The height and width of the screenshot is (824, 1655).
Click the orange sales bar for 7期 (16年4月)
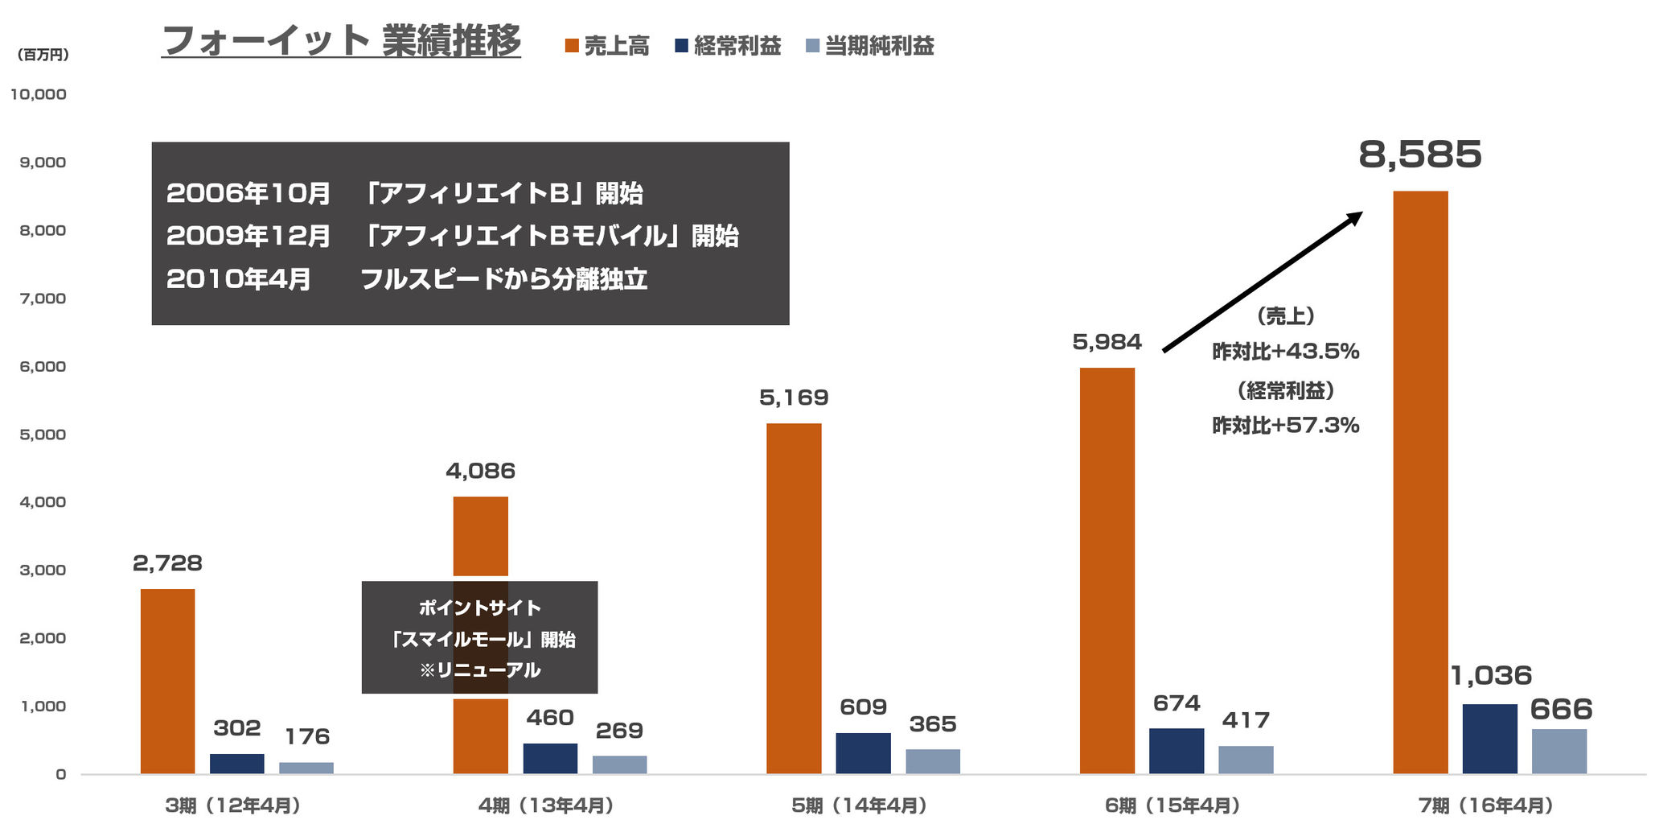coord(1420,483)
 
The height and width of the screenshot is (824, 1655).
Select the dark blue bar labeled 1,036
coord(1489,739)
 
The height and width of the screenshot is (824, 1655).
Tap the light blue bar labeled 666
coord(1558,752)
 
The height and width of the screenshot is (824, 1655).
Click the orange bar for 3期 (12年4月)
coord(167,682)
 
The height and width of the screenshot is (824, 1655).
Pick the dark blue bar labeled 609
coord(863,753)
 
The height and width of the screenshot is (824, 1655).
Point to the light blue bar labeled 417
coord(1246,760)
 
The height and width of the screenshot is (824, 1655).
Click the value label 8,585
coord(1419,154)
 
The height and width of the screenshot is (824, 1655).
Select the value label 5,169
coord(794,398)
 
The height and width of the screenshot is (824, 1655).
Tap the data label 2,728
coord(167,563)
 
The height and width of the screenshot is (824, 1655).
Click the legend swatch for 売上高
coord(572,46)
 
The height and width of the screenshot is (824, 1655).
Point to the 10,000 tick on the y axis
coord(39,94)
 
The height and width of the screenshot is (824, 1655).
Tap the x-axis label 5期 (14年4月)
coord(860,805)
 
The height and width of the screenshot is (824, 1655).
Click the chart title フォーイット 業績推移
coord(341,42)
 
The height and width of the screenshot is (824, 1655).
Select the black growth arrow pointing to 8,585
coord(1263,282)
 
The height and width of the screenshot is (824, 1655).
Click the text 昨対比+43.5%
coord(1285,352)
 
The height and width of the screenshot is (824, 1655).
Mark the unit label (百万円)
coord(43,55)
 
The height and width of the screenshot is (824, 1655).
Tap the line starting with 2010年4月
coord(406,279)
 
